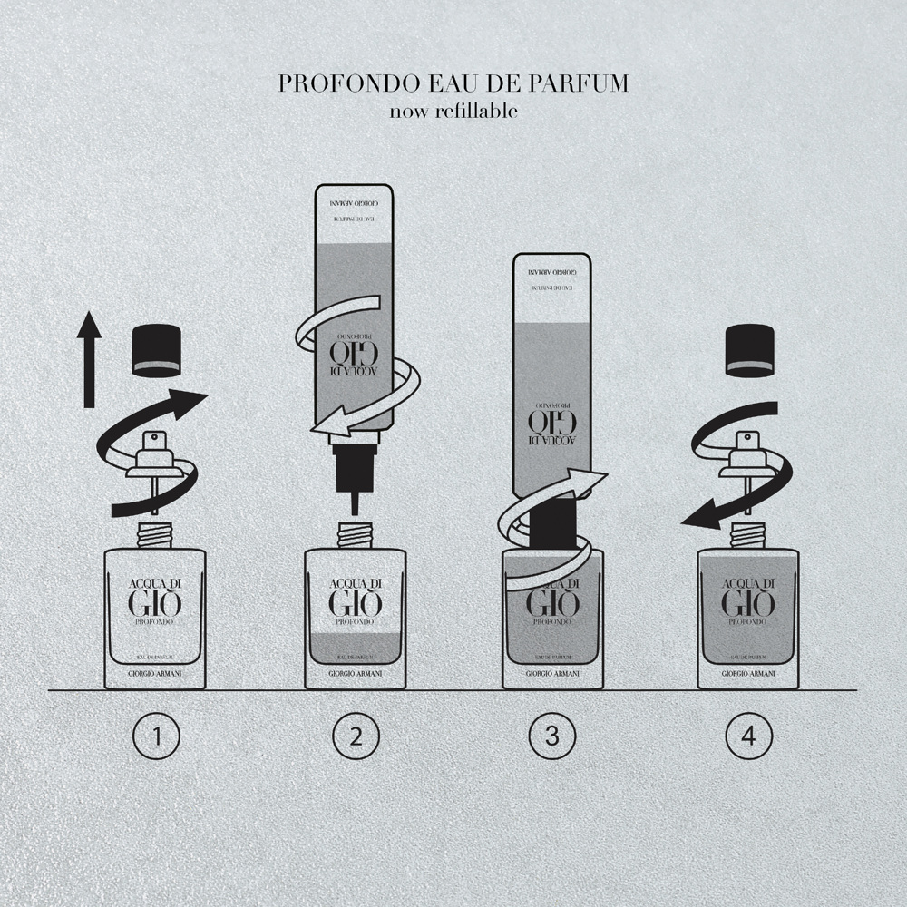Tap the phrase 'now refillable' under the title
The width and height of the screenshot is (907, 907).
point(453,112)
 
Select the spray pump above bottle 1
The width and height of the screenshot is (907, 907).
point(155,457)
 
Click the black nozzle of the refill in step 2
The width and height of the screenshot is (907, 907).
point(353,468)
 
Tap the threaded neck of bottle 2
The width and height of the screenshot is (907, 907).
point(354,536)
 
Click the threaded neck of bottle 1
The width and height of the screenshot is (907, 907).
point(155,536)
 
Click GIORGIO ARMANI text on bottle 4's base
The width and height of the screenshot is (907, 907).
point(749,674)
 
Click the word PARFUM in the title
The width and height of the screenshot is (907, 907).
point(585,83)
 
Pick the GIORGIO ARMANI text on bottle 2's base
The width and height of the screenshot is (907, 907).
point(354,674)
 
